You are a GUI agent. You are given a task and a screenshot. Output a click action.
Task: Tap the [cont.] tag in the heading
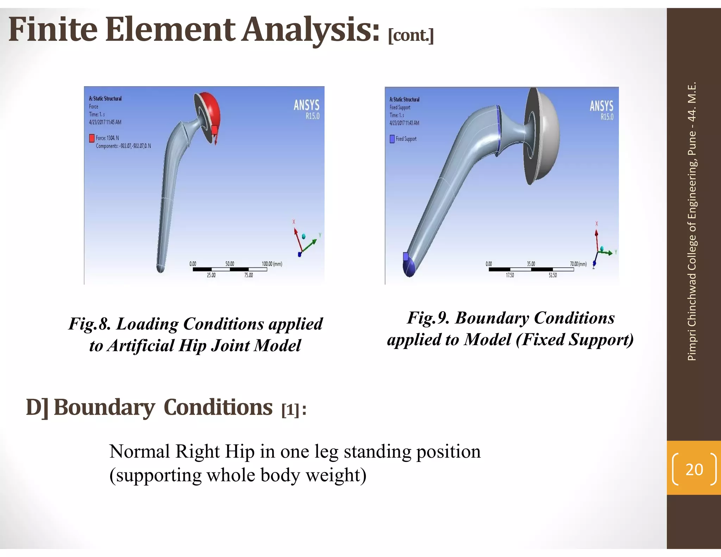click(x=410, y=35)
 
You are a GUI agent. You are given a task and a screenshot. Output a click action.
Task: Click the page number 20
click(x=694, y=469)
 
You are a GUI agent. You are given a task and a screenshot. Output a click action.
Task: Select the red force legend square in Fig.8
click(x=92, y=138)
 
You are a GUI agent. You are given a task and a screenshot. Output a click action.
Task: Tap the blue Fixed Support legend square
click(x=392, y=139)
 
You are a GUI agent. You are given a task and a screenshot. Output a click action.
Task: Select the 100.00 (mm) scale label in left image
click(x=272, y=264)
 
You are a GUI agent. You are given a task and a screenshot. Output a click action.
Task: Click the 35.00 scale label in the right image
click(x=531, y=264)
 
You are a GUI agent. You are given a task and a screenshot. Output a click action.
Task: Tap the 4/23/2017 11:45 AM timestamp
click(x=105, y=122)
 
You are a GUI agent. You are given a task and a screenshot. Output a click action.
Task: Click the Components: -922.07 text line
click(x=123, y=146)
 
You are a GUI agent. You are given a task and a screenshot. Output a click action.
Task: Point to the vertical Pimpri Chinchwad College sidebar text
click(x=692, y=222)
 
